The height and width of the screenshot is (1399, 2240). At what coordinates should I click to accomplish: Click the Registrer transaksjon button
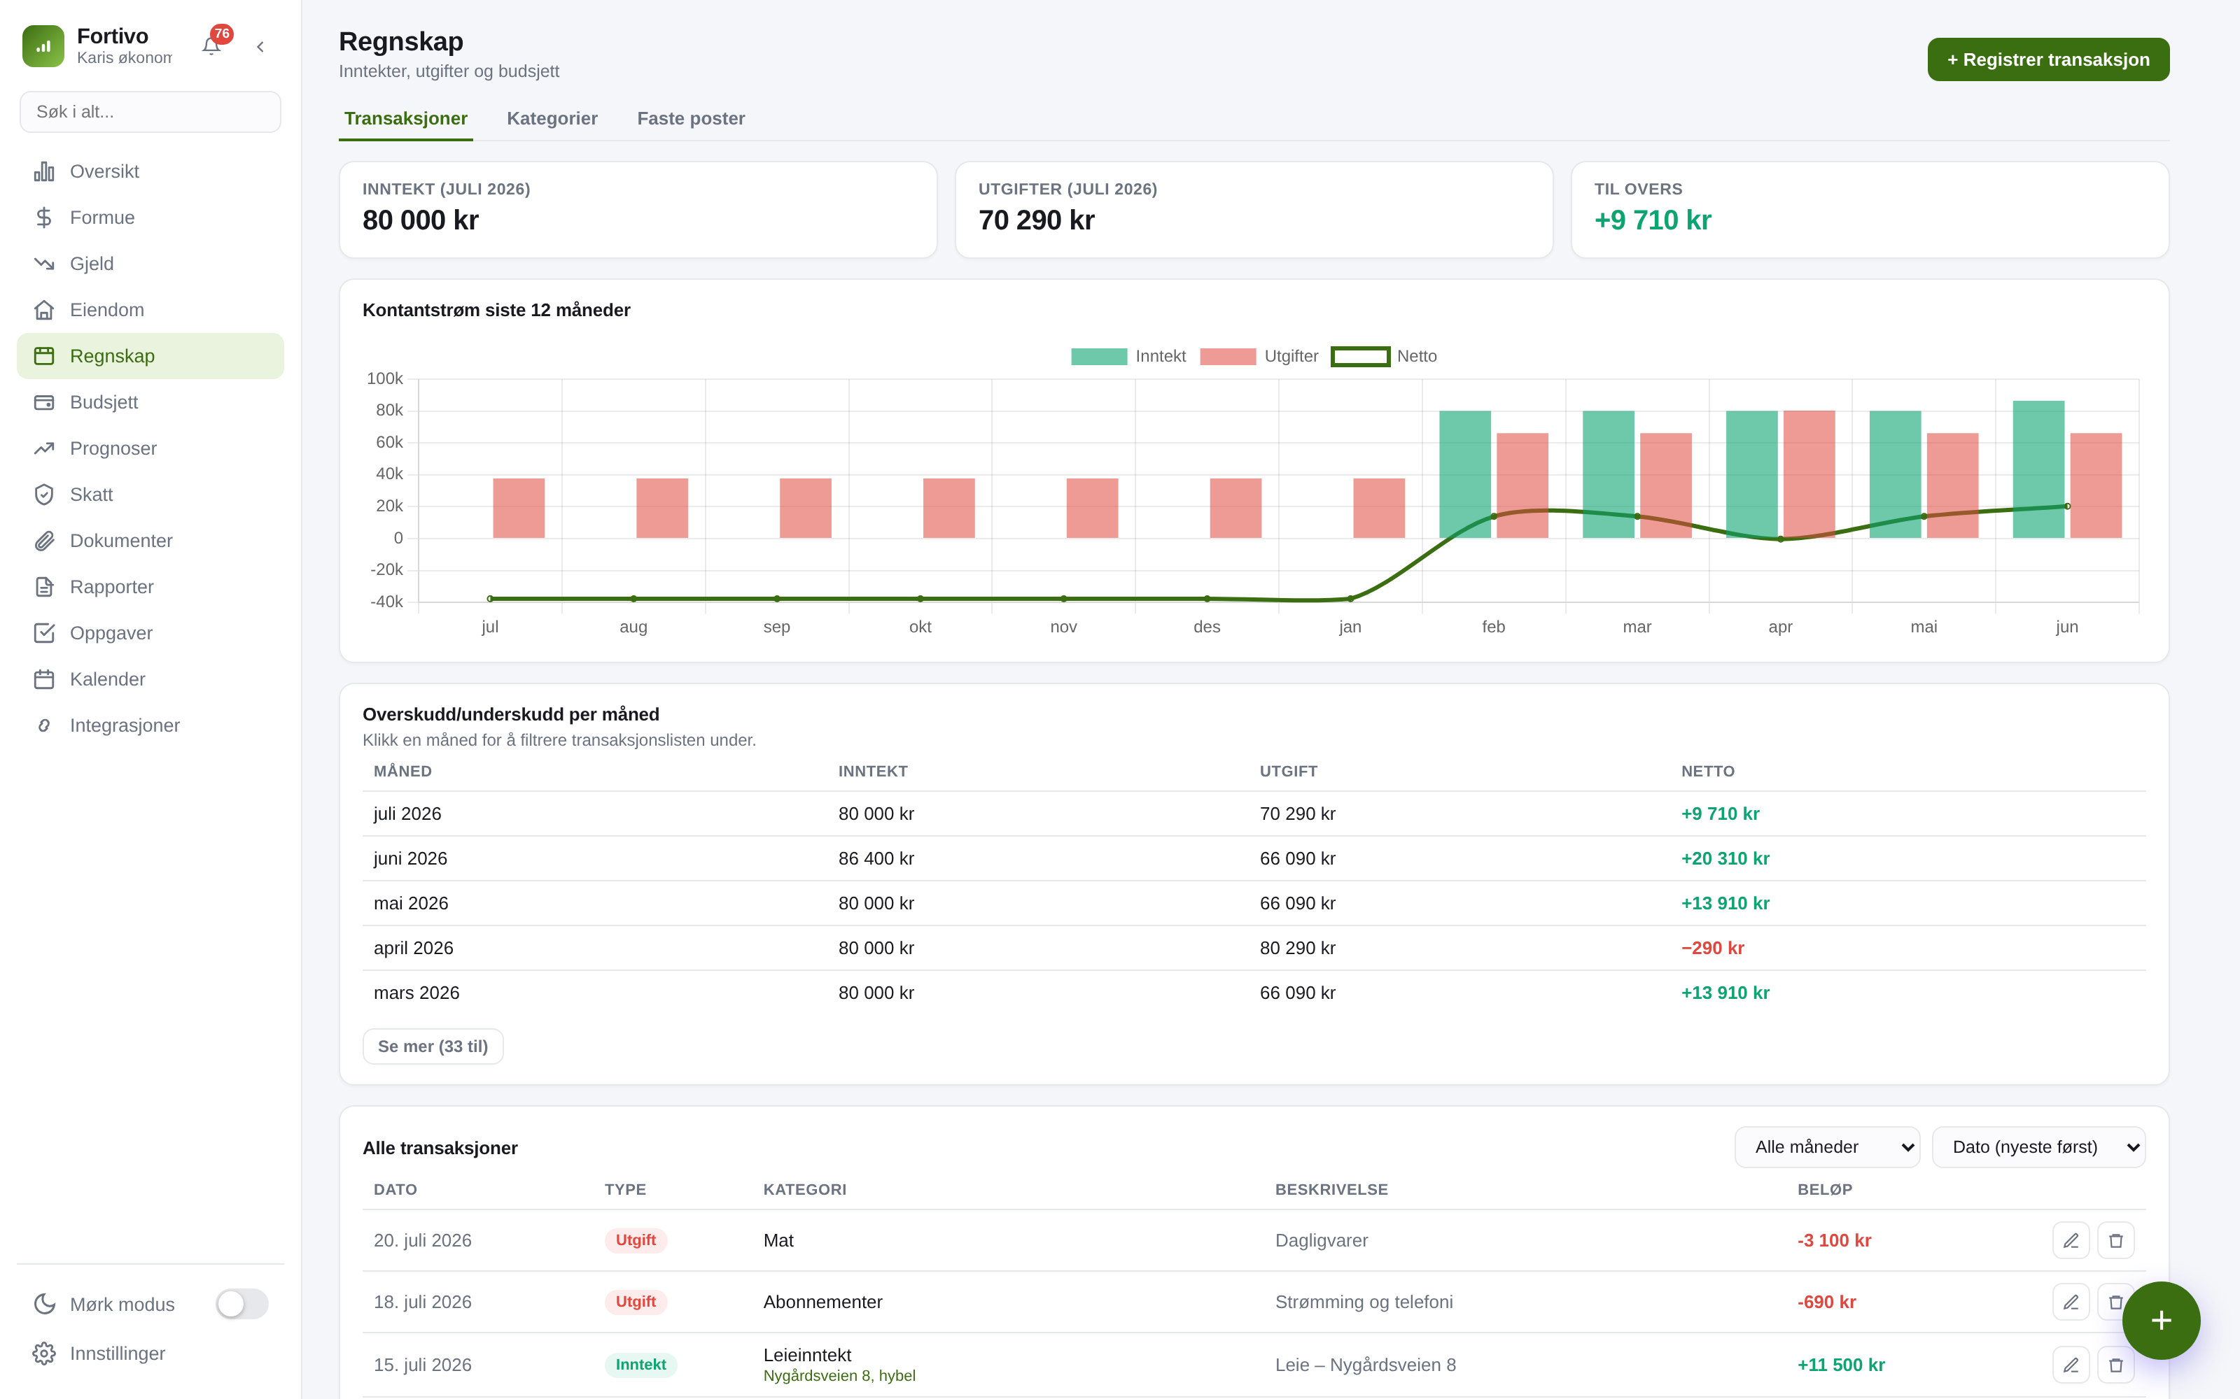tap(2047, 59)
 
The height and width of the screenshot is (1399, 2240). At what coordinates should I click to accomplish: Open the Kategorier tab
tap(552, 118)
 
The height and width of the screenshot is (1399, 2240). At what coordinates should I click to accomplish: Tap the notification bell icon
tap(211, 46)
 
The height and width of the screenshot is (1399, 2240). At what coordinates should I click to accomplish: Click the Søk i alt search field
tap(150, 112)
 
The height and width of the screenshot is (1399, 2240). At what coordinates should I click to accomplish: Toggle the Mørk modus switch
tap(241, 1304)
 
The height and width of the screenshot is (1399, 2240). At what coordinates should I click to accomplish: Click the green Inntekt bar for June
tap(2038, 469)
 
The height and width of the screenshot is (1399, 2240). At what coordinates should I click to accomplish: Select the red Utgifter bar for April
tap(1809, 474)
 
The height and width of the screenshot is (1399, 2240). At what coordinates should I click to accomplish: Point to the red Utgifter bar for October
tap(948, 508)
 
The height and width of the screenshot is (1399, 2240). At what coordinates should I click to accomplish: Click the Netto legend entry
tap(1384, 356)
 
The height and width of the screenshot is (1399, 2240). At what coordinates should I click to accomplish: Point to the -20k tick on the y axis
tap(387, 570)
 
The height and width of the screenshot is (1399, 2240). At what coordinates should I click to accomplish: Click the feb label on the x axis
tap(1493, 627)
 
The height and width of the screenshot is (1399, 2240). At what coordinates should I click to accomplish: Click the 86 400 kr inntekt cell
tap(876, 859)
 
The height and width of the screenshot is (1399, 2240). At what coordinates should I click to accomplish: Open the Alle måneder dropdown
tap(1826, 1146)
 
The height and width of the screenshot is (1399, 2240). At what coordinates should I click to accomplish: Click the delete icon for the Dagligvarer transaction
tap(2115, 1241)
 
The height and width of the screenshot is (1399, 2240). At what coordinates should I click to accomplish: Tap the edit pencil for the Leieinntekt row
tap(2071, 1365)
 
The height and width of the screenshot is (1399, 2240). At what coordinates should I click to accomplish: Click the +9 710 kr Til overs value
tap(1652, 220)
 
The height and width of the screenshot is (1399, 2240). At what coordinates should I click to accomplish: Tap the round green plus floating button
tap(2160, 1321)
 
